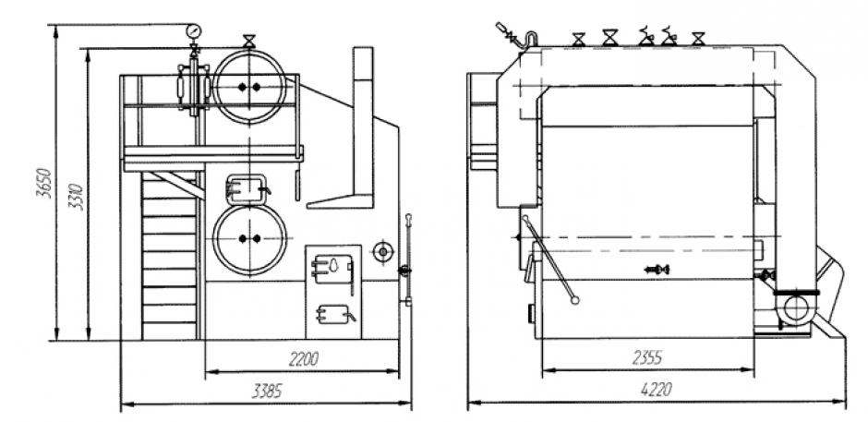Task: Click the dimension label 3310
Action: tap(77, 197)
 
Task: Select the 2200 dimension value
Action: tap(304, 359)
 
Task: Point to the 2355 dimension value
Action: tap(647, 357)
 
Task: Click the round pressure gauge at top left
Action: tap(194, 30)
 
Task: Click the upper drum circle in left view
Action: tap(249, 86)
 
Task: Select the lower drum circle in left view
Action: tap(249, 238)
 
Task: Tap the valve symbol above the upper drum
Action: tap(249, 41)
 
